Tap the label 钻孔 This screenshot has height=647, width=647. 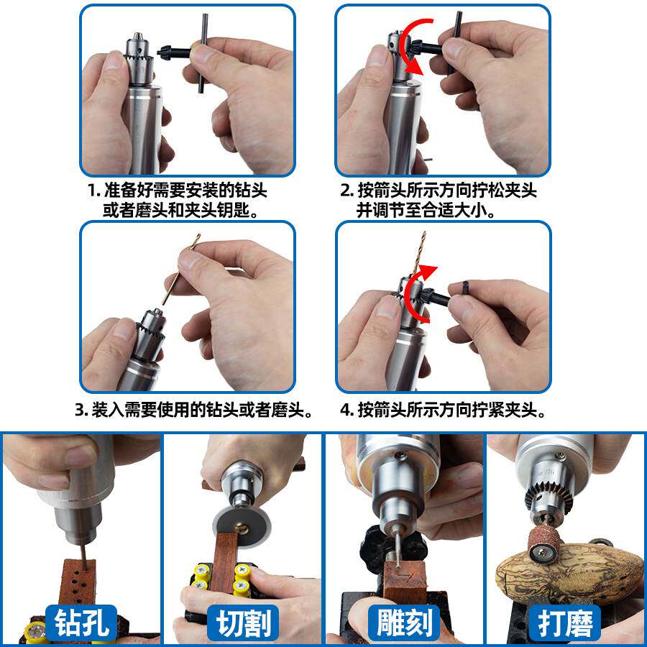point(81,623)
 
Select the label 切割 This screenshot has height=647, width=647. point(243,623)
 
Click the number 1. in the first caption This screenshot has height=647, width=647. point(93,191)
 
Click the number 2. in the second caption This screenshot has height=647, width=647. point(347,191)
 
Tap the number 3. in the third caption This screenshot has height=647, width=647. point(81,411)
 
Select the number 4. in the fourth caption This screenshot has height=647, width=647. point(347,411)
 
